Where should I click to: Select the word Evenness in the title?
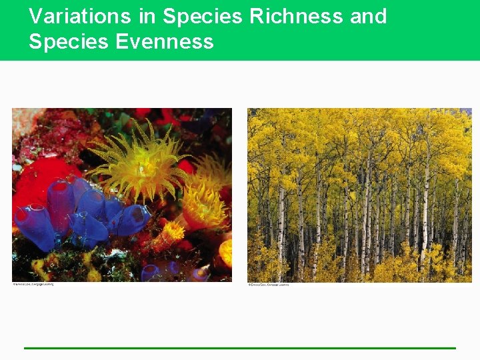[x=164, y=42]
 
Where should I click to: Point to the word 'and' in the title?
[x=368, y=16]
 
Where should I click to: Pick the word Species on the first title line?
[x=203, y=16]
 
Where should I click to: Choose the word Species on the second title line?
[x=69, y=42]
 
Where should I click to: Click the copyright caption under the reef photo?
[x=33, y=285]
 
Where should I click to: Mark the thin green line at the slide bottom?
[x=240, y=347]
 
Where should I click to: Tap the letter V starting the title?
[x=35, y=16]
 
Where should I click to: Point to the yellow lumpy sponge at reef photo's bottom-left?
[x=40, y=267]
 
